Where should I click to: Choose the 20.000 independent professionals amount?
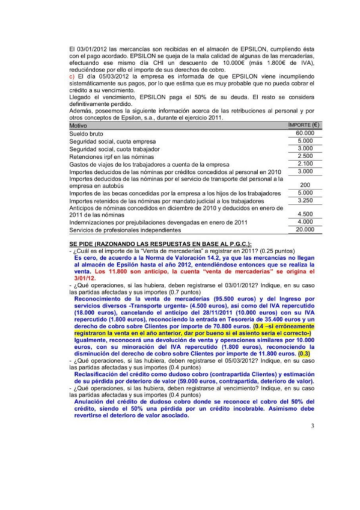point(305,230)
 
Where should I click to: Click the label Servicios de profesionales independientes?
point(124,230)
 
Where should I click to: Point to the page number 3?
point(313,426)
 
